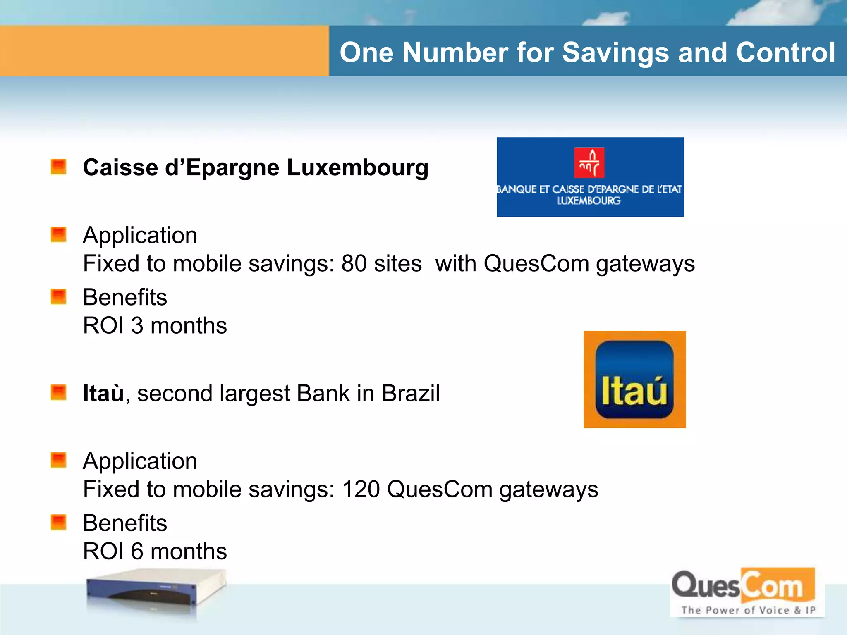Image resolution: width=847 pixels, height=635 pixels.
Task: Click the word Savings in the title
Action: pos(615,53)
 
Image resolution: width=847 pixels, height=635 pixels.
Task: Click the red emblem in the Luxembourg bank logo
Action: pos(589,162)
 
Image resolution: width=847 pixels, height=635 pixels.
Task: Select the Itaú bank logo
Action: pos(634,380)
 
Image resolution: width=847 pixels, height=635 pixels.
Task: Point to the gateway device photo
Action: pos(156,593)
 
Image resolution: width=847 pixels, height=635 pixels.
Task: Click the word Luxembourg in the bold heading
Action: pos(357,167)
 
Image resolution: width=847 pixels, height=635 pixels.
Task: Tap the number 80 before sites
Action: pos(354,263)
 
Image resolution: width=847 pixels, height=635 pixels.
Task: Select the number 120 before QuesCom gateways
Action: pos(361,489)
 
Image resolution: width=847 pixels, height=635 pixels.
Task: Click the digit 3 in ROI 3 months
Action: pos(137,326)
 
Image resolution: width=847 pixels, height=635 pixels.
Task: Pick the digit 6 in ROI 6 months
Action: pos(137,551)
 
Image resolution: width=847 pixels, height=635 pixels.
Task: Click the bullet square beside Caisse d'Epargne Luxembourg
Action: pos(58,167)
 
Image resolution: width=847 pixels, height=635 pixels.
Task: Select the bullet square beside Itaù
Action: pos(58,393)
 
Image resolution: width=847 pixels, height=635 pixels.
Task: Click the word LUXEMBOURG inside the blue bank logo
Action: pos(589,201)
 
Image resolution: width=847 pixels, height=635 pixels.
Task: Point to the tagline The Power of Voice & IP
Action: pos(748,610)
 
